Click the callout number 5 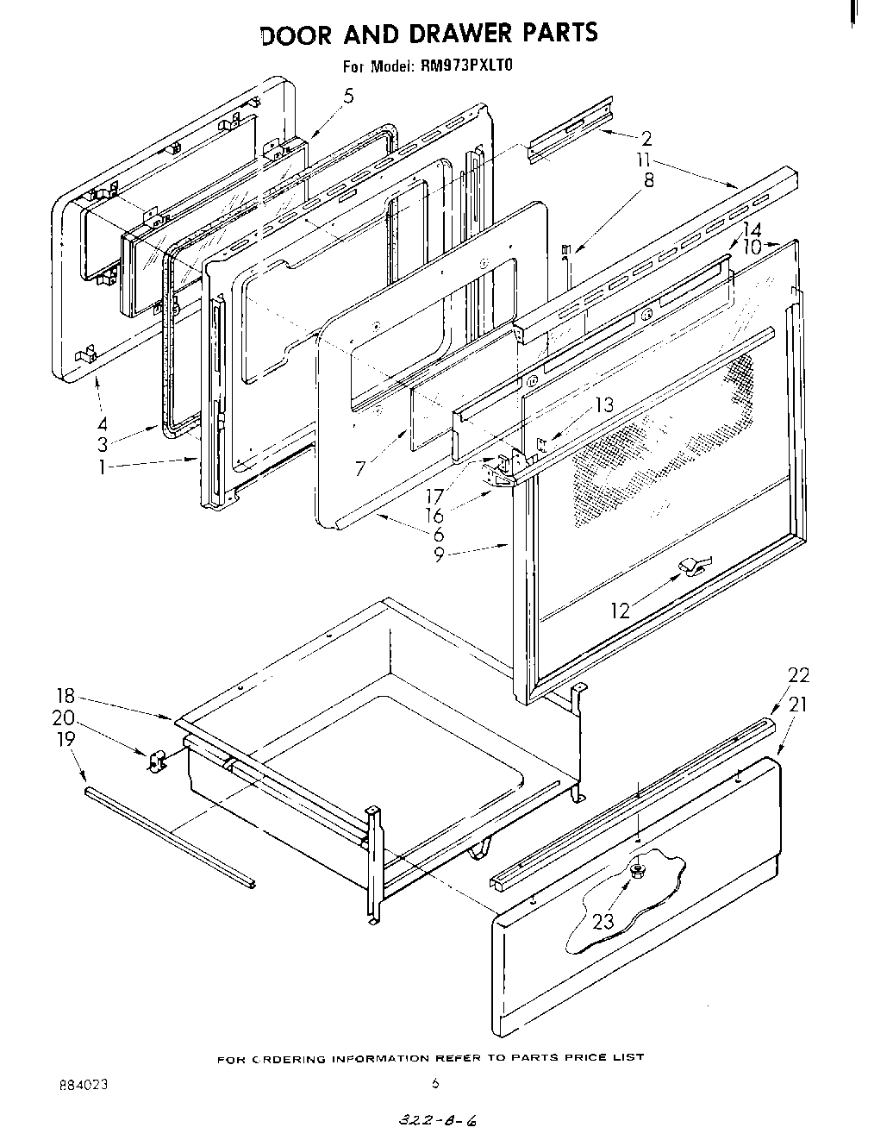tap(348, 97)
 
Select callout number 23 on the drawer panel tap(603, 921)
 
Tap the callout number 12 tap(621, 611)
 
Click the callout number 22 tap(798, 675)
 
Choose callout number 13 tap(604, 405)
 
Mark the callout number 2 tap(646, 137)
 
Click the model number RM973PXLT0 tap(466, 64)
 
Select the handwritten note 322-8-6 tap(436, 1122)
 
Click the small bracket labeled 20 tap(155, 761)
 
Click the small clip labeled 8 tap(565, 252)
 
